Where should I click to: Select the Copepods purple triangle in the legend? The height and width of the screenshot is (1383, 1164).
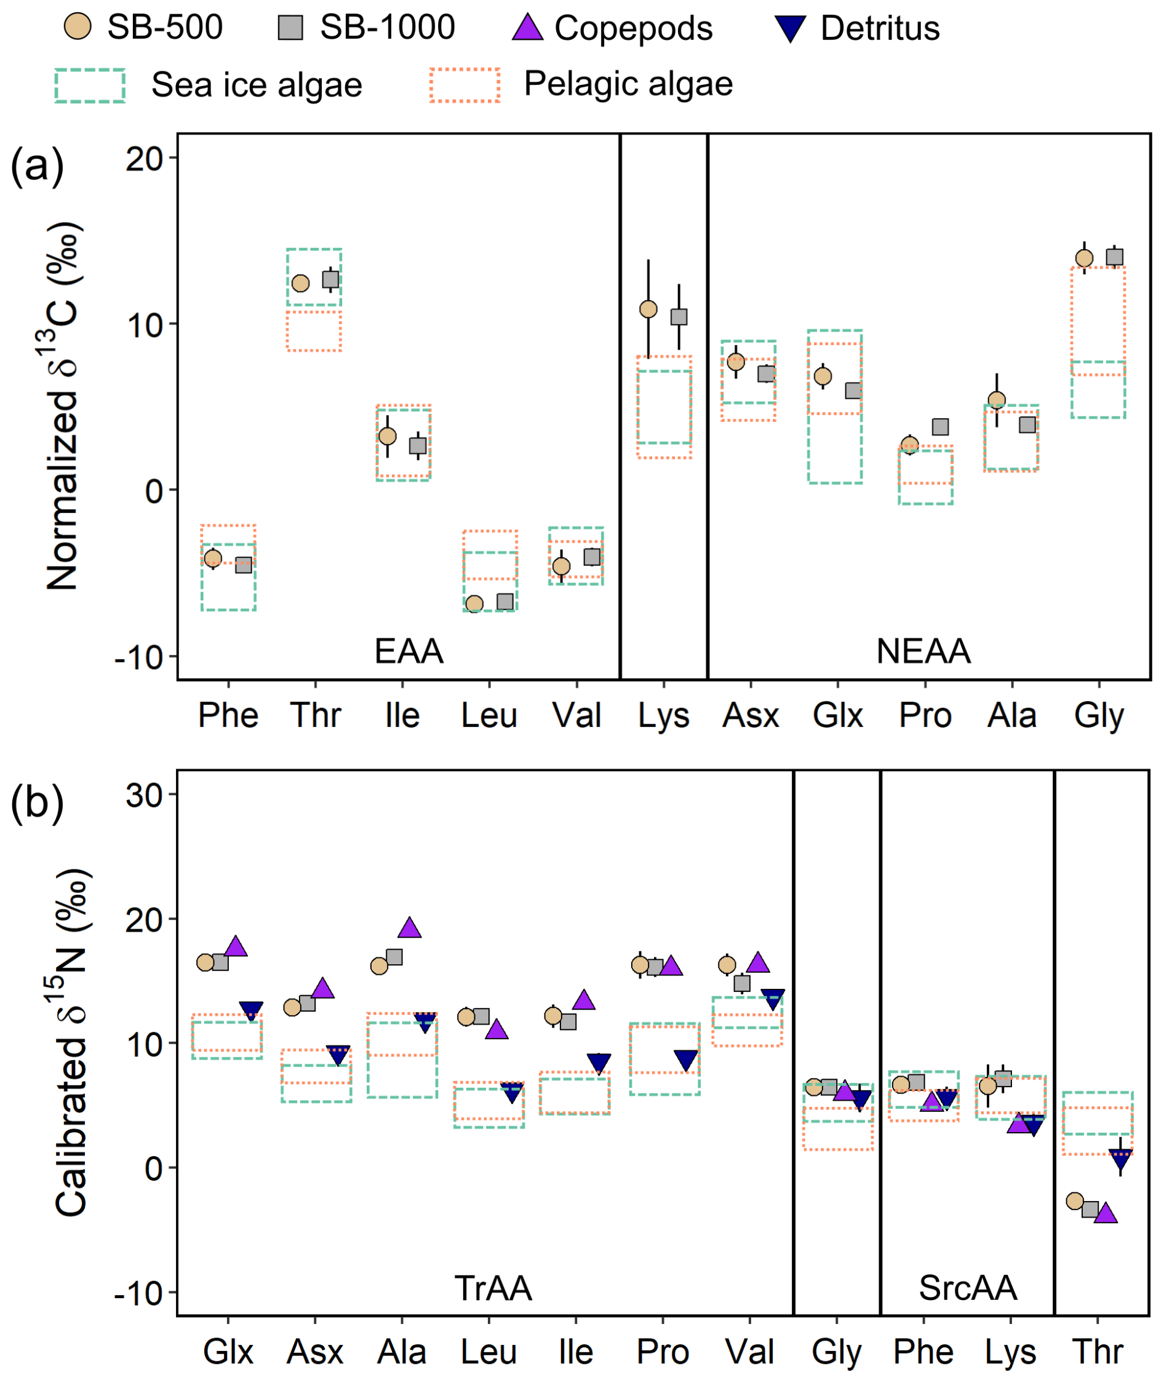point(527,28)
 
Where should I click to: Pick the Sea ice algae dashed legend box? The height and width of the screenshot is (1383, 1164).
point(90,85)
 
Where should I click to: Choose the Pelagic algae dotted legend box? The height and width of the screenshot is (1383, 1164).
point(464,85)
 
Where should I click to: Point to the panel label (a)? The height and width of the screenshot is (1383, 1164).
point(37,166)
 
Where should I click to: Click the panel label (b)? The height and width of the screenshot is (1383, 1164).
point(37,803)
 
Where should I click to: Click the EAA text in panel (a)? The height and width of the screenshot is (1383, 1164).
point(409,652)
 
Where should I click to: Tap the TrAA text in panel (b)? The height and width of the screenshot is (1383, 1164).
point(493,1288)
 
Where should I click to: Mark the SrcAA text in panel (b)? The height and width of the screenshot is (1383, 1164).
point(967,1288)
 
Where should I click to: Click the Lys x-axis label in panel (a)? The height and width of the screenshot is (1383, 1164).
point(663,716)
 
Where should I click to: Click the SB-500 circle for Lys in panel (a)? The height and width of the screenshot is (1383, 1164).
point(648,309)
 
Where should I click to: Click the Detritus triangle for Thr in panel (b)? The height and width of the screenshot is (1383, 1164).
point(1120,1156)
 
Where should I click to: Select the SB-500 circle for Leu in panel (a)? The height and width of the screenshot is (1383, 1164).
point(474,603)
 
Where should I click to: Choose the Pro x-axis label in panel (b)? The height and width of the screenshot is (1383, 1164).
point(663,1352)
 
